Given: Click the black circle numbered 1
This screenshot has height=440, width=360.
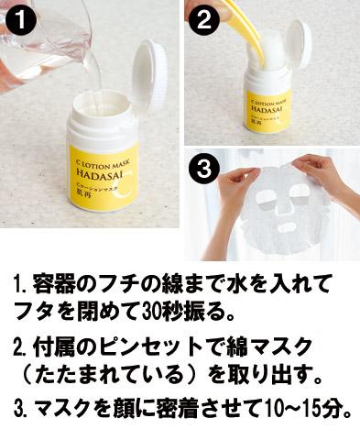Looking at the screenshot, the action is pos(20,20).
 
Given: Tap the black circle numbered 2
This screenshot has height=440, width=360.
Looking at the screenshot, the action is pos(203,19).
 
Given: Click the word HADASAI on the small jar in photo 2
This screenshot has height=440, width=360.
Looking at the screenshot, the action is pos(267,109).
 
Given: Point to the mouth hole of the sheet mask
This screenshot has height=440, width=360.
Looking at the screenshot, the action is pos(288,227).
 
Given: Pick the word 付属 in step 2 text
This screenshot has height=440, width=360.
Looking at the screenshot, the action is pos(51,347).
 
